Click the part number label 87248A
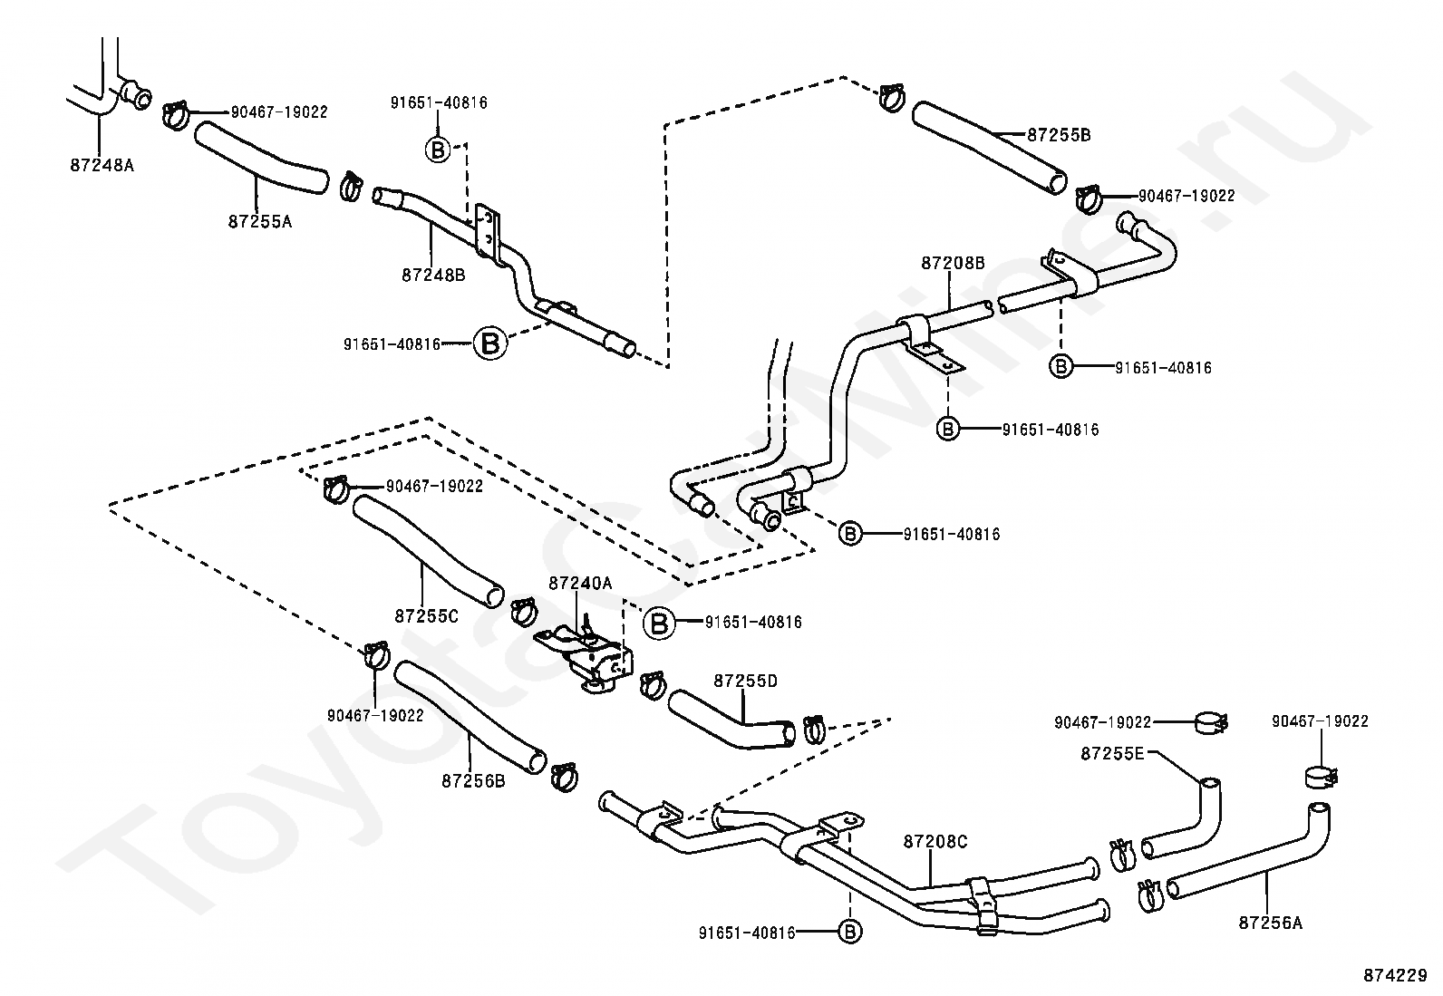[x=102, y=165]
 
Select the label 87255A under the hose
[x=259, y=222]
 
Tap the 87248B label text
[x=433, y=276]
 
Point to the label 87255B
[x=1059, y=135]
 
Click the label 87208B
[x=953, y=263]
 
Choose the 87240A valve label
[x=580, y=583]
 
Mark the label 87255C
[x=426, y=616]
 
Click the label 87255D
[x=745, y=681]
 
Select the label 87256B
[x=473, y=781]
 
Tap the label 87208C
[x=935, y=841]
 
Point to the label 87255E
[x=1112, y=753]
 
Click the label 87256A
[x=1271, y=923]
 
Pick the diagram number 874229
[x=1395, y=975]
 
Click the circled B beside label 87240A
[x=659, y=623]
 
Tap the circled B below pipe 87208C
[x=849, y=932]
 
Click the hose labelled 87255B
[x=989, y=147]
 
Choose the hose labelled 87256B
[x=470, y=716]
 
